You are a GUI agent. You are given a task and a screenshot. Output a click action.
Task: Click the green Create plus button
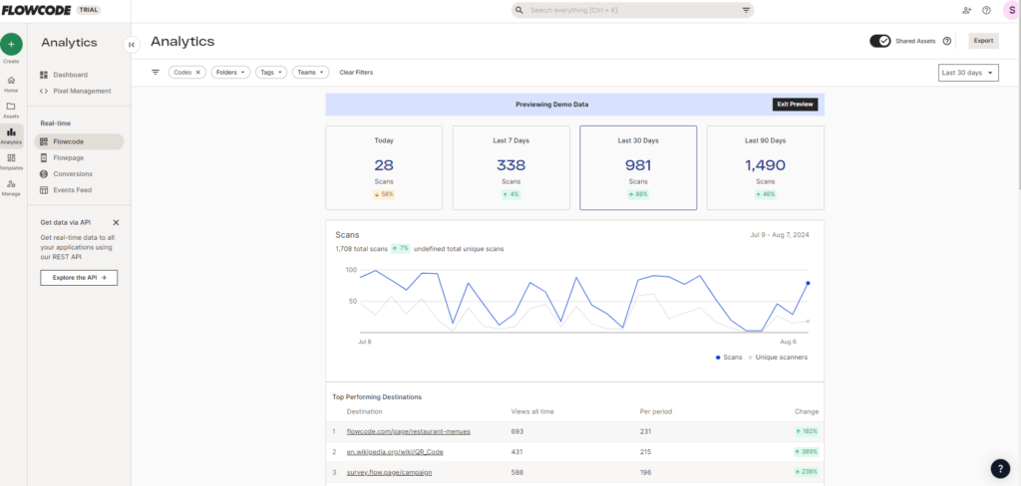tap(11, 44)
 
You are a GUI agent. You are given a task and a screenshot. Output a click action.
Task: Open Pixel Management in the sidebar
tap(82, 91)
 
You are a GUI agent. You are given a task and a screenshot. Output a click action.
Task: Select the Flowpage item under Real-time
tap(69, 157)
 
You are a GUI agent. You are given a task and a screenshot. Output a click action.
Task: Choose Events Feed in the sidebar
tap(72, 189)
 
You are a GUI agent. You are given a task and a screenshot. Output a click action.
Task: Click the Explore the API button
tap(79, 277)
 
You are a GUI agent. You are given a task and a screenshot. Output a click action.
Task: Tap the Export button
tap(983, 41)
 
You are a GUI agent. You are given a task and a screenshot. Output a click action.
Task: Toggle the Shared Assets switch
tap(880, 41)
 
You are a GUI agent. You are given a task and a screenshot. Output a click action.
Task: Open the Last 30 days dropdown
tap(968, 73)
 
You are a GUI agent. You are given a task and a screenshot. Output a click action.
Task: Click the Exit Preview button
tap(795, 105)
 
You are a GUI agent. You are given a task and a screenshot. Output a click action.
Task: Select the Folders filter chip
tap(230, 72)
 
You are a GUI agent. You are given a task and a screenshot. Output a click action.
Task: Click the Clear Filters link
tap(356, 72)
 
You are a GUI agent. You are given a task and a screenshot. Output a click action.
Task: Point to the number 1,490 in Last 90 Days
tap(765, 165)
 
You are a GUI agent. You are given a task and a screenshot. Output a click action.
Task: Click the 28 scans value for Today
tap(384, 165)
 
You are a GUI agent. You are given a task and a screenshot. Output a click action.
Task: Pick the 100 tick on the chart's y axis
tap(351, 270)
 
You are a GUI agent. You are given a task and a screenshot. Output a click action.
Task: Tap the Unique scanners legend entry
tap(780, 357)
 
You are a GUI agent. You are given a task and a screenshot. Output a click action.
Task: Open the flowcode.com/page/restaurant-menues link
tap(408, 431)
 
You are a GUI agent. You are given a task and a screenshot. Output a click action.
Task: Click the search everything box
tap(634, 10)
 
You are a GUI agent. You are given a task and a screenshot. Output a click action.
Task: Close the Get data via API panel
tap(116, 223)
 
